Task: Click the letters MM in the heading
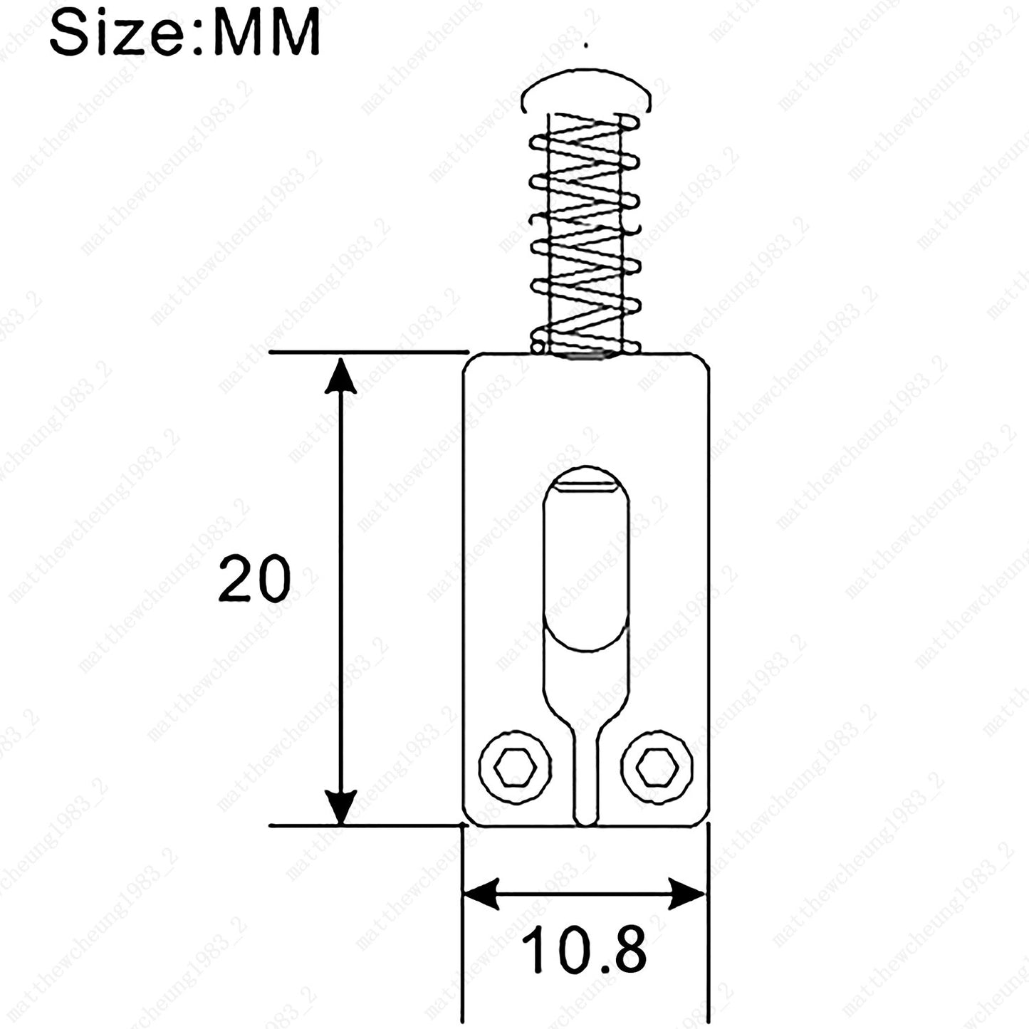coord(266,31)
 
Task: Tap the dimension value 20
coord(254,579)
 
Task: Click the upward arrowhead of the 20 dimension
coord(340,377)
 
